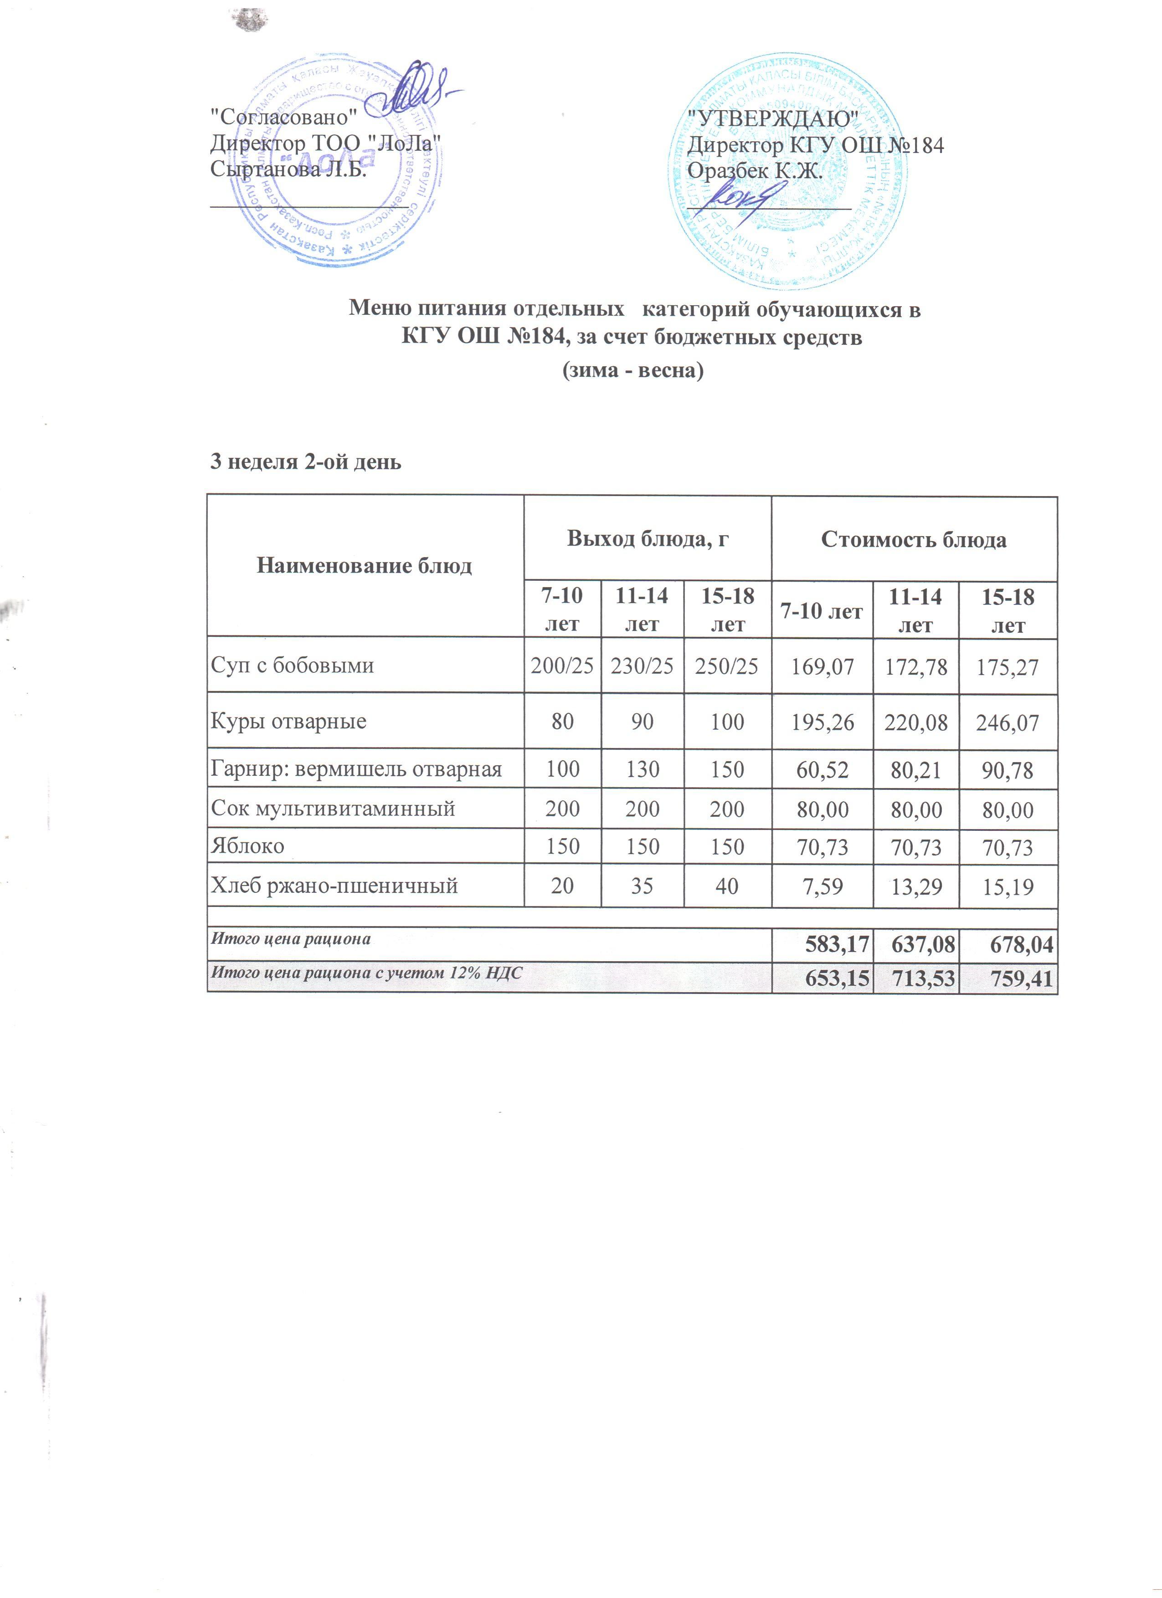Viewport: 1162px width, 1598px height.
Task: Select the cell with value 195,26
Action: [823, 722]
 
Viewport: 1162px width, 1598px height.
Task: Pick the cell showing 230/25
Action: [642, 666]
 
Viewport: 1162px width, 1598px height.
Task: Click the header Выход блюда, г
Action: [648, 540]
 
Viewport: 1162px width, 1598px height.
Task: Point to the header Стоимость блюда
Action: [914, 540]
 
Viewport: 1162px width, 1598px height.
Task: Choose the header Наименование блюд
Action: [364, 566]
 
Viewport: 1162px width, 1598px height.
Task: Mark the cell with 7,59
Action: [823, 886]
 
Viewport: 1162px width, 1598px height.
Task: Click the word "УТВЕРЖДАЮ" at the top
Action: [773, 118]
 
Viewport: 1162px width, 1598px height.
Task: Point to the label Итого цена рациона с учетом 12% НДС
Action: [366, 973]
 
